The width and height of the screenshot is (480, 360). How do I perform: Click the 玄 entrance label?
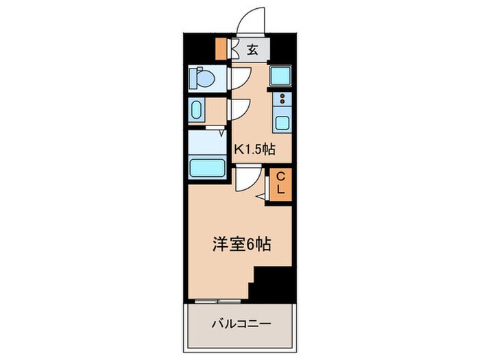coord(252,49)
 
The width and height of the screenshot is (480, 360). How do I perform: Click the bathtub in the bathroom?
coord(207,167)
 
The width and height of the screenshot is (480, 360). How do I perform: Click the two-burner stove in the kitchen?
coord(281,99)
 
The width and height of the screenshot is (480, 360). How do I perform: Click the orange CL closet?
coord(280,183)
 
